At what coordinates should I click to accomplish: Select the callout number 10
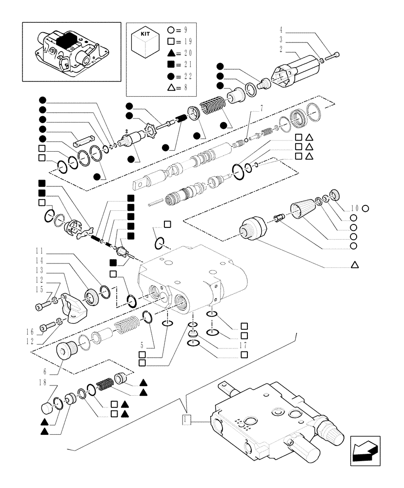[354, 208]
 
